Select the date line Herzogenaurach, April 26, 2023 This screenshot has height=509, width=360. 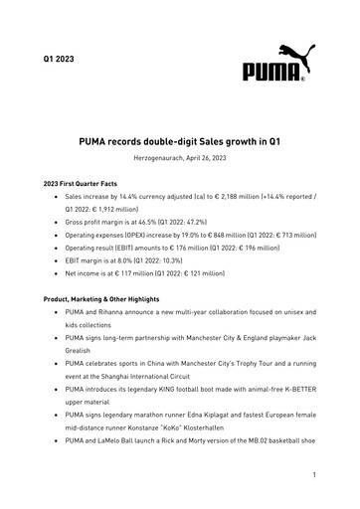click(x=180, y=159)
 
